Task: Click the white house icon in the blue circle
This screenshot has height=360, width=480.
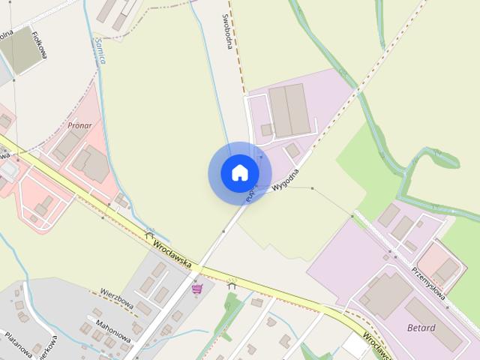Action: (239, 173)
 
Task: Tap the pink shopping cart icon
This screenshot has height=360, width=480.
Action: (197, 288)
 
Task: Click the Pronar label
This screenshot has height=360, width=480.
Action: (79, 126)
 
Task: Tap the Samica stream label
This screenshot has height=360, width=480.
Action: (99, 50)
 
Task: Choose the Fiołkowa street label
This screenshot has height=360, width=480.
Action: (35, 43)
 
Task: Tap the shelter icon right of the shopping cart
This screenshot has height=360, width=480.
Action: (232, 283)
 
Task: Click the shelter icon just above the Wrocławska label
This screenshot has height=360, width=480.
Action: (149, 235)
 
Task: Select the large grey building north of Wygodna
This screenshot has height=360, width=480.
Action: (288, 110)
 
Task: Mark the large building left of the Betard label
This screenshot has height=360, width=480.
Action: (386, 295)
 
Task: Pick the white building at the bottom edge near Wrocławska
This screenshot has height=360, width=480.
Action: (353, 346)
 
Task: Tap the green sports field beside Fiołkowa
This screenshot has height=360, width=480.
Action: (16, 52)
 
